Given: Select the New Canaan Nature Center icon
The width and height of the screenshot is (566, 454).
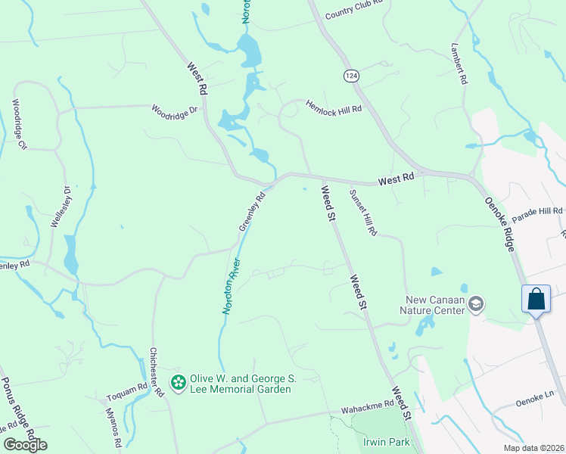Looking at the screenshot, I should (476, 305).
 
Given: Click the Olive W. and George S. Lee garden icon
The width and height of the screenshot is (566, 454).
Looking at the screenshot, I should (179, 384).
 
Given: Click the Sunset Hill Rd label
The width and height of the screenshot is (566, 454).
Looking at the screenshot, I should (362, 213).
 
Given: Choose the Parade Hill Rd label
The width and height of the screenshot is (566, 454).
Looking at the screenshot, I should (537, 215).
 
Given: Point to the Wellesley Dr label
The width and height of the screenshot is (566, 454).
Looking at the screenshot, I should (61, 207).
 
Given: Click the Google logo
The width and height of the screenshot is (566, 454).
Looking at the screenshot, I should (25, 445).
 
